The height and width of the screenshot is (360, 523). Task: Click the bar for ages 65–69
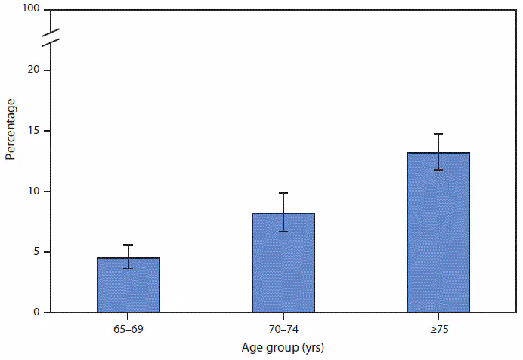pyautogui.click(x=128, y=285)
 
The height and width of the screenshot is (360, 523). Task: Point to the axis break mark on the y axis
pyautogui.click(x=50, y=39)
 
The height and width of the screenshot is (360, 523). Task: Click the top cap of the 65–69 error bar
pyautogui.click(x=128, y=245)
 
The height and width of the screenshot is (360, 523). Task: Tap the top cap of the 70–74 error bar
pyautogui.click(x=283, y=193)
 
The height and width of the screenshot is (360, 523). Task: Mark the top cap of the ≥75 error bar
pyautogui.click(x=438, y=134)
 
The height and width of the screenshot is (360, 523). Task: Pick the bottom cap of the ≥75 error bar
pyautogui.click(x=438, y=170)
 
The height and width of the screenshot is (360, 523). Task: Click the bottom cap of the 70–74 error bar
pyautogui.click(x=283, y=231)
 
